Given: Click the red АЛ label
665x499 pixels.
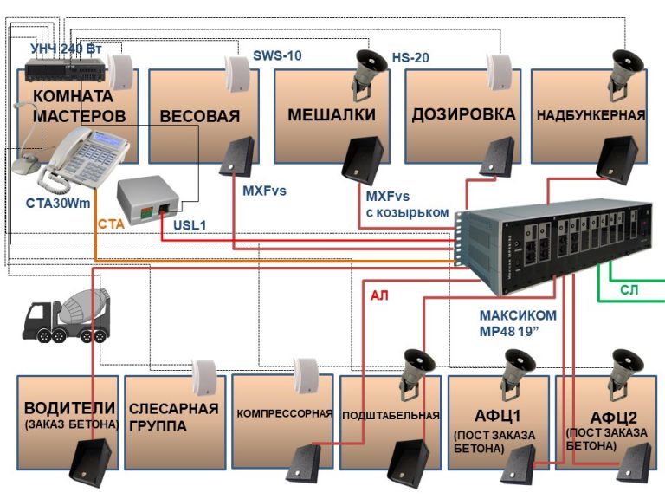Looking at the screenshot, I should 379,295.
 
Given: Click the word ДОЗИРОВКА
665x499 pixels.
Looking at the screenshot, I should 463,114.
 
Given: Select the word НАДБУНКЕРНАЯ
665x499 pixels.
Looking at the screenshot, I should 591,115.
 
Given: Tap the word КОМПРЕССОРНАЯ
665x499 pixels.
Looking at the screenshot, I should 285,413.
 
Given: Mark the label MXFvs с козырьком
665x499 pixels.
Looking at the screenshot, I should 407,204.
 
